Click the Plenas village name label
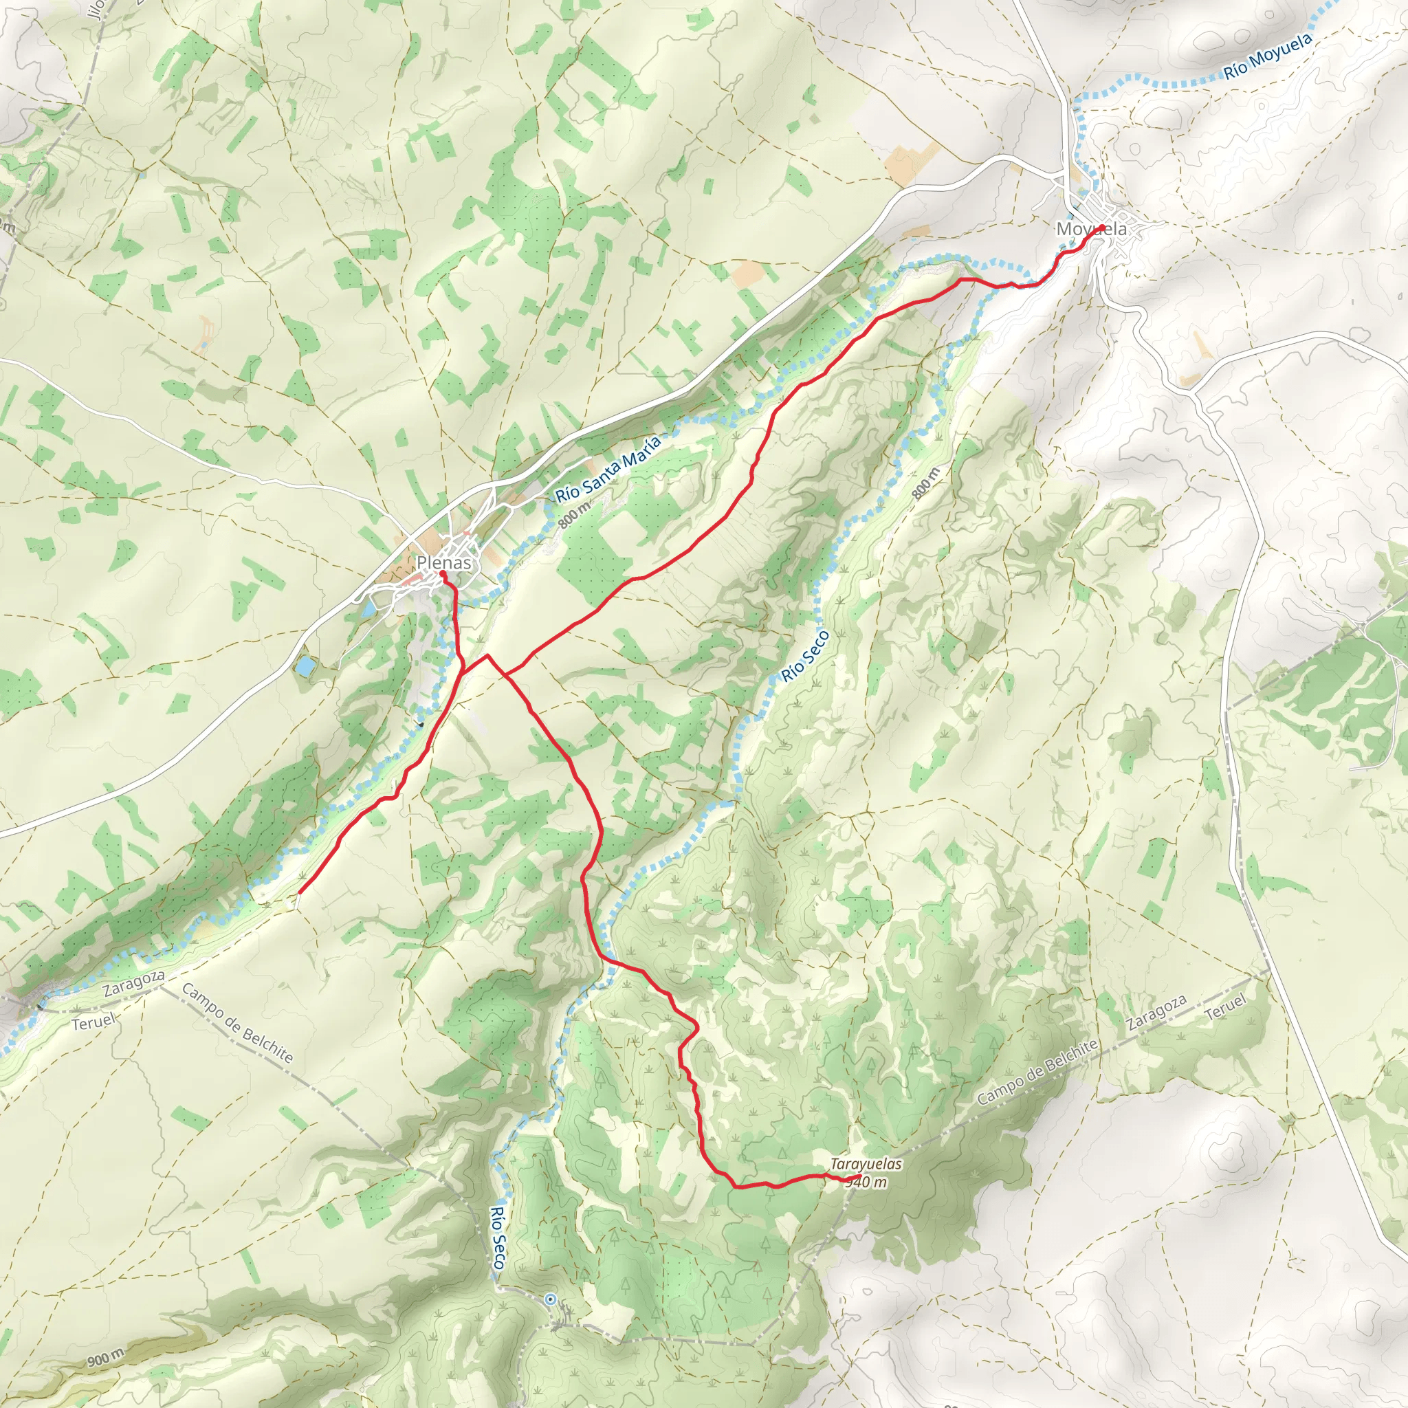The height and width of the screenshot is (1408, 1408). pos(443,562)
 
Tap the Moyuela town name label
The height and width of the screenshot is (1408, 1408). pos(1091,229)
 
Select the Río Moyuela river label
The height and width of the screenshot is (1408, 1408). pos(1267,56)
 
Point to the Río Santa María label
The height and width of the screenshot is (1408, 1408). pos(608,470)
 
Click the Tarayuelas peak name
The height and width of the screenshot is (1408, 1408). pos(866,1165)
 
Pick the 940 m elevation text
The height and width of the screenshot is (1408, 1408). pos(866,1182)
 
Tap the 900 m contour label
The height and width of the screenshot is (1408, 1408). pos(107,1358)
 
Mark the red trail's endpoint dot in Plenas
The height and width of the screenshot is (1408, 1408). pos(442,574)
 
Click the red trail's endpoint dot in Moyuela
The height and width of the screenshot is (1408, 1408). pos(1100,228)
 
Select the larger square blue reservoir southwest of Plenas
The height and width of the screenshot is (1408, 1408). pos(306,665)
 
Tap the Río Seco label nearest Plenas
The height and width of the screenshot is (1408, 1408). pos(805,655)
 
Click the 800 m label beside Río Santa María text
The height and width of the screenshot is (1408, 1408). pos(574,514)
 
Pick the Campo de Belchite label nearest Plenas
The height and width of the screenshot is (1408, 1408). pos(238,1023)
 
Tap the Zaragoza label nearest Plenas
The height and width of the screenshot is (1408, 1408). pos(133,983)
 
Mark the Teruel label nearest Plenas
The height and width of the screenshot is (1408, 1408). pos(93,1022)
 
